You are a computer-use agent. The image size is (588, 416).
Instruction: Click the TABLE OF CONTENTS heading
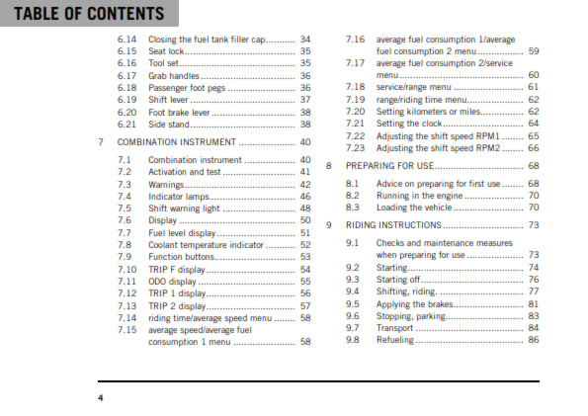point(83,14)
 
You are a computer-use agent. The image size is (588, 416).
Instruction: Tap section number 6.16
point(126,62)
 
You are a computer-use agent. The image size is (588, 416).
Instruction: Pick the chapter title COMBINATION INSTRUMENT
point(179,141)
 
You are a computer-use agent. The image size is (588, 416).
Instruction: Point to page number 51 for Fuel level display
point(305,232)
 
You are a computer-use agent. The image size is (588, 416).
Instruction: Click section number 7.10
point(126,269)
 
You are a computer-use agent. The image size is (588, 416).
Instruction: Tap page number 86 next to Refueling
point(535,340)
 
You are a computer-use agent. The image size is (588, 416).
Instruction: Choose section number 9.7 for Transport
point(353,328)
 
